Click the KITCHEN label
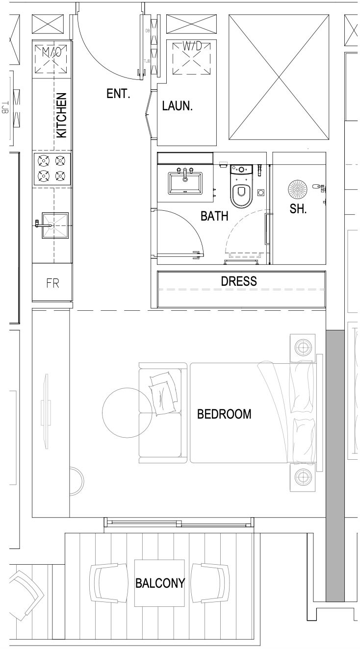[61, 115]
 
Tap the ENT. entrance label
[118, 94]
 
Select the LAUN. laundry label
[177, 106]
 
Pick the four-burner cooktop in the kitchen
[52, 168]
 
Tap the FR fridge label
[52, 283]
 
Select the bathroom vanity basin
[185, 183]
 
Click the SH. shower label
[298, 209]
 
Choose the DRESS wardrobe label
[239, 281]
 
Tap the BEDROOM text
[224, 414]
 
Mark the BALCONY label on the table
[160, 583]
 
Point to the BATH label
[214, 216]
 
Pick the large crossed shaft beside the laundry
[279, 77]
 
